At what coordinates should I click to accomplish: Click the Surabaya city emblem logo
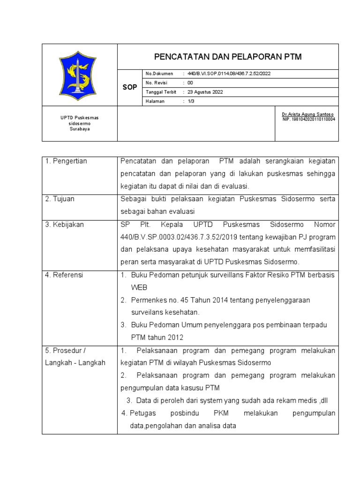point(78,76)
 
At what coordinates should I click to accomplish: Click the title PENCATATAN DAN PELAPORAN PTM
point(228,57)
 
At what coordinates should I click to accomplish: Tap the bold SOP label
point(129,88)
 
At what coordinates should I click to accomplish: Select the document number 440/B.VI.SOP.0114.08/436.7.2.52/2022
point(229,74)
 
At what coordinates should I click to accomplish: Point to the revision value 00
point(190,83)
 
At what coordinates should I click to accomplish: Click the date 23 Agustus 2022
point(205,92)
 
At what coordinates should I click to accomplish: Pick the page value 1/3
point(191,101)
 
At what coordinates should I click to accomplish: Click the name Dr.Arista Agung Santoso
point(308,114)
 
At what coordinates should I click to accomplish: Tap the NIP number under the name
point(308,119)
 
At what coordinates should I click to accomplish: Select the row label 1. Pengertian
point(66,161)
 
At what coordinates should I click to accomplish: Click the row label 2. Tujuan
point(60,199)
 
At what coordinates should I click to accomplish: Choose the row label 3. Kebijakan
point(64,225)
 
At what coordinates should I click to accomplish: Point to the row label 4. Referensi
point(64,275)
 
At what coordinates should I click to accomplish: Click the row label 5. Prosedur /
point(65,351)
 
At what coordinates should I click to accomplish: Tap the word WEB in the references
point(139,288)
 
